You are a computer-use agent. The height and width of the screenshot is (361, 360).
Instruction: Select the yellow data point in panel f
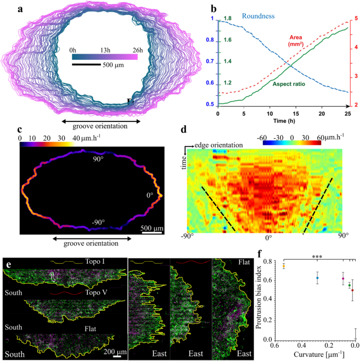284,266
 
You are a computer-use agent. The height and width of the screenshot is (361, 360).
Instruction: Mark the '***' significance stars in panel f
317,257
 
